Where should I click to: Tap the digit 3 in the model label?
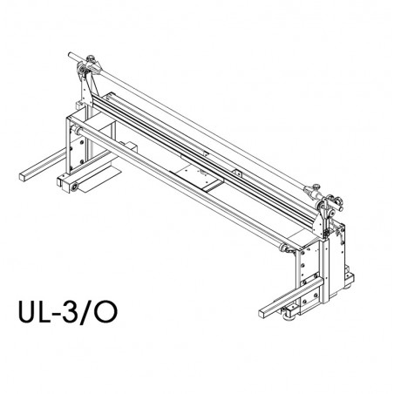69,311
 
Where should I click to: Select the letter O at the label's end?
106,311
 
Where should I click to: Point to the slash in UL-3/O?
86,312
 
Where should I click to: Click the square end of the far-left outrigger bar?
23,177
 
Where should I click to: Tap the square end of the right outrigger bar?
263,313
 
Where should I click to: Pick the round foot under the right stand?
289,316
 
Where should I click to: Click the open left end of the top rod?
70,55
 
